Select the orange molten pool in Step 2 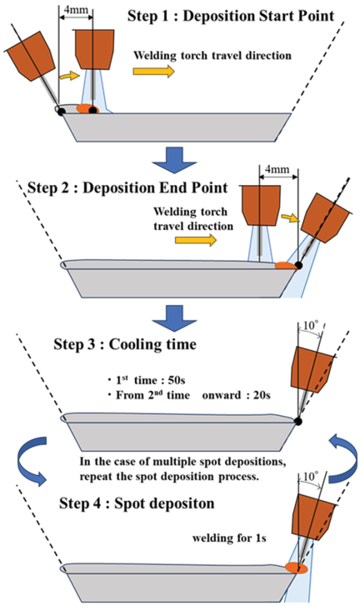285,266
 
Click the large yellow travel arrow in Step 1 153,71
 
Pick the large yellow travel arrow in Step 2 196,240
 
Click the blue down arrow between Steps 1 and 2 175,158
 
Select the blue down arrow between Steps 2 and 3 175,318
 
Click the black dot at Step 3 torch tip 297,421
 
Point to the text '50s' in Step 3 177,380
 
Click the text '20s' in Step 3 262,395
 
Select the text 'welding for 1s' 229,538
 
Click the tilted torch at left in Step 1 29,57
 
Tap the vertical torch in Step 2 261,205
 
